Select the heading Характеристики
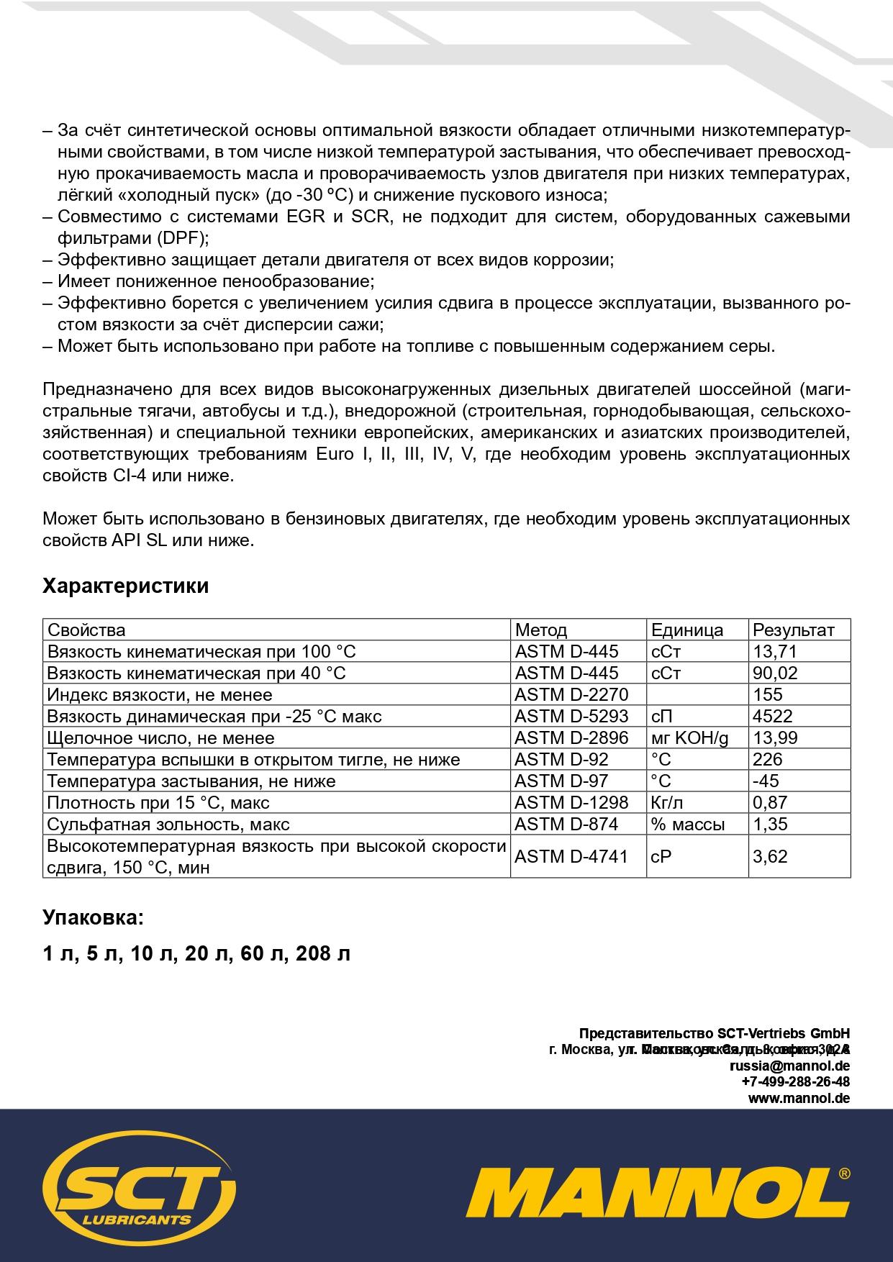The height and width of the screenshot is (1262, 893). click(x=126, y=586)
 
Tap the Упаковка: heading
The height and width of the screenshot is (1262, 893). click(x=93, y=917)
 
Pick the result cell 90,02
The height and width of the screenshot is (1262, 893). click(x=775, y=673)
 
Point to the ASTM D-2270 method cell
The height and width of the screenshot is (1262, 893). click(x=571, y=694)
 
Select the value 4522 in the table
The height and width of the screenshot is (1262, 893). click(x=772, y=716)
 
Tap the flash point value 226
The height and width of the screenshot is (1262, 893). click(x=767, y=759)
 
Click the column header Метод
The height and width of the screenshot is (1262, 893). click(x=541, y=630)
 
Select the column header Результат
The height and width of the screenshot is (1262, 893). click(x=793, y=630)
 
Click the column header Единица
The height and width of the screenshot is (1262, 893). click(x=687, y=630)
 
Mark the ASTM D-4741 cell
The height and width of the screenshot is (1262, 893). click(x=571, y=856)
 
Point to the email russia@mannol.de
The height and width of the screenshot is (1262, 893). click(x=789, y=1066)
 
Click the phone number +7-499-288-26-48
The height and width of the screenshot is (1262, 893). click(x=795, y=1081)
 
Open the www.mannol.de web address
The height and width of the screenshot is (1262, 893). click(x=799, y=1098)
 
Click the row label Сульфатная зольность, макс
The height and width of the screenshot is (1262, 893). click(x=168, y=824)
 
